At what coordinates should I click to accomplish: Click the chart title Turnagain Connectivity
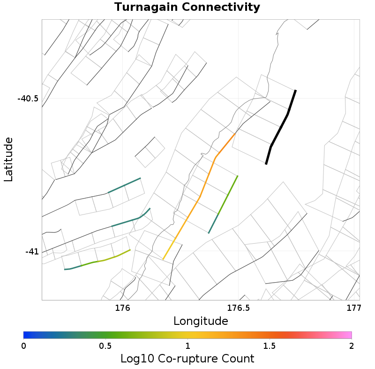coord(187,7)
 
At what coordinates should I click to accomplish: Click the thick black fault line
coord(280,127)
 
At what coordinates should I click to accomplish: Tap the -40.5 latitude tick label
coord(28,99)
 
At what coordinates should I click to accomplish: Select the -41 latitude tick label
coord(31,252)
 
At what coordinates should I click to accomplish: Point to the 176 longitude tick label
coord(122,308)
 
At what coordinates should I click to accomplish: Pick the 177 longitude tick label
coord(353,308)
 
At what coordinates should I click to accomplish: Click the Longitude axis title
coord(201,321)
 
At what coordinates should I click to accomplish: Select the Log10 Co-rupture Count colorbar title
coord(187,359)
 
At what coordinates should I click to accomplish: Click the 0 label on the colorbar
coord(23,346)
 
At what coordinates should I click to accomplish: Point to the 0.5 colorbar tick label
coord(105,346)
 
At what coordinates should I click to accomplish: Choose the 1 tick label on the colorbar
coord(187,346)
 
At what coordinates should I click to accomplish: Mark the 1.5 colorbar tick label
coord(270,346)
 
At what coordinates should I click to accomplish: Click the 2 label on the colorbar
coord(351,346)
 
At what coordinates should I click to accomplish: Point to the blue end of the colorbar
coord(27,335)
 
